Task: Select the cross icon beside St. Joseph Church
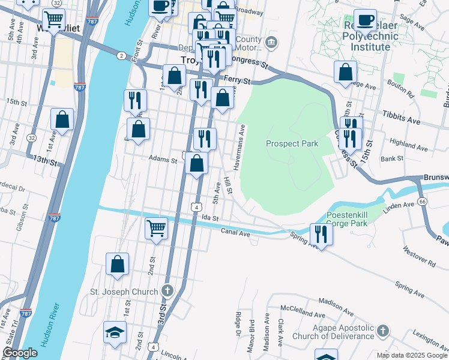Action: pyautogui.click(x=167, y=292)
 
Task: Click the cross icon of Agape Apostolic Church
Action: pyautogui.click(x=384, y=331)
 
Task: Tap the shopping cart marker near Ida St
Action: pyautogui.click(x=156, y=227)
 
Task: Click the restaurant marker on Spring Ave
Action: pyautogui.click(x=321, y=233)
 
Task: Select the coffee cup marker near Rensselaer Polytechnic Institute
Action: pyautogui.click(x=365, y=20)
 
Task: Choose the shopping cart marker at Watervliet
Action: pyautogui.click(x=54, y=20)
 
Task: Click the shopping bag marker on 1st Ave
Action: pyautogui.click(x=62, y=119)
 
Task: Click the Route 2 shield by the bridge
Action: pyautogui.click(x=122, y=56)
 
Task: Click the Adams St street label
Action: pyautogui.click(x=163, y=160)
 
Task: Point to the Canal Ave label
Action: pyautogui.click(x=235, y=232)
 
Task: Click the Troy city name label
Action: pyautogui.click(x=191, y=60)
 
